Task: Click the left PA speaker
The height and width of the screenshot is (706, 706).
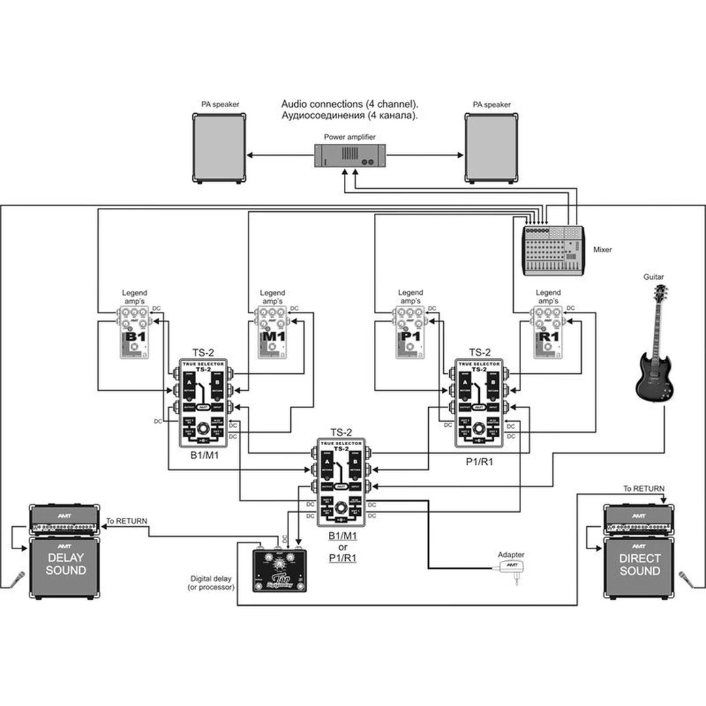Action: pos(220,148)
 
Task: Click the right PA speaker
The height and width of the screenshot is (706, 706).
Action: pos(492,148)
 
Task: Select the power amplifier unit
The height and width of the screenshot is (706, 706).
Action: pos(350,155)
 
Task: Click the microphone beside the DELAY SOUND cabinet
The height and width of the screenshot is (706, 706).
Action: pos(18,579)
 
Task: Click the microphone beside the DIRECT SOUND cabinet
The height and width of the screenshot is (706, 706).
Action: pos(686,579)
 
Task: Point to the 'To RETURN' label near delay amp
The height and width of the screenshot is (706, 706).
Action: pos(127,521)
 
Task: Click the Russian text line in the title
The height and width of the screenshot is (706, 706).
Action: pos(350,115)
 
